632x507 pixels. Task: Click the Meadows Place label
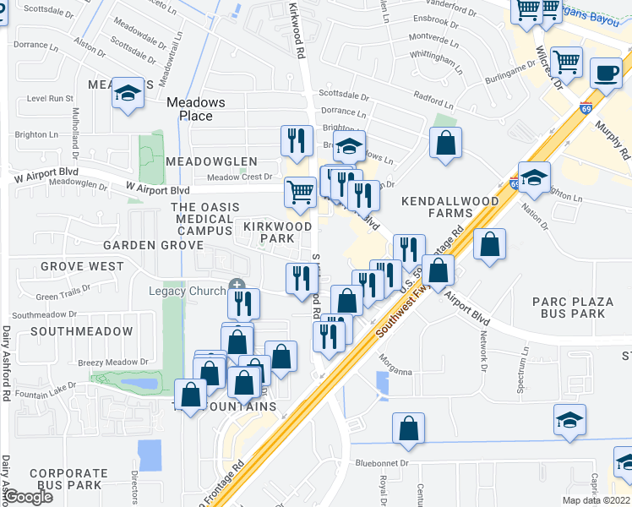(x=195, y=109)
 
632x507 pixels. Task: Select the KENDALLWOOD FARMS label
(x=449, y=208)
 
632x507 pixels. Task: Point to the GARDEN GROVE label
(x=153, y=245)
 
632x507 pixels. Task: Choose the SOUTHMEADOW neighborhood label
(x=81, y=331)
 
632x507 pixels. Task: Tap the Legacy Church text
(x=188, y=291)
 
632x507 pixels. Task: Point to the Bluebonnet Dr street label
(x=382, y=463)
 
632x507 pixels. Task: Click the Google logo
(x=27, y=497)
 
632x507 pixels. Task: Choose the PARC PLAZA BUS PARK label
(x=569, y=308)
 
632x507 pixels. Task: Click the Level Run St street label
(x=51, y=98)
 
